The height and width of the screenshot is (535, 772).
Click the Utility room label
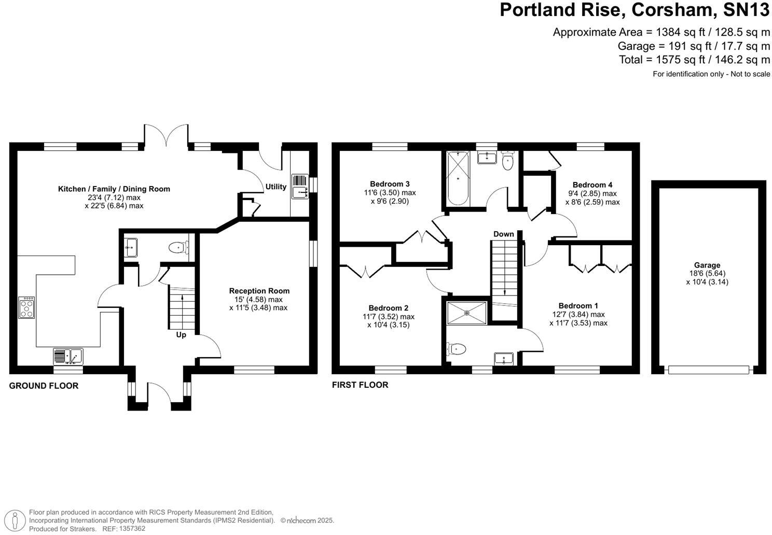click(x=275, y=187)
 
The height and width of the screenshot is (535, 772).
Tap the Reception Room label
click(x=259, y=291)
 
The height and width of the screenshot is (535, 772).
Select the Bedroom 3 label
click(x=390, y=184)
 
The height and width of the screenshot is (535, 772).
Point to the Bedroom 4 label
click(x=592, y=185)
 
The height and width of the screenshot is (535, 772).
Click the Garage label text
click(x=707, y=265)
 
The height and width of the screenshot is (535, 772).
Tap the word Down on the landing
click(x=503, y=234)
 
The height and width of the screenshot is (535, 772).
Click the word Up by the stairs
click(x=181, y=335)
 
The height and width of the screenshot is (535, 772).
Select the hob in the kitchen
click(x=27, y=307)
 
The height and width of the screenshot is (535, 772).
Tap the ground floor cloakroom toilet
click(x=178, y=248)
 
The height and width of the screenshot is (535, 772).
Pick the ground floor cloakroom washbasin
click(x=131, y=247)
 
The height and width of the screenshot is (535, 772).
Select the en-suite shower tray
click(x=467, y=313)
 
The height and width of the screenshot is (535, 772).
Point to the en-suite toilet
click(x=455, y=349)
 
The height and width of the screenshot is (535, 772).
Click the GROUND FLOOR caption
click(x=44, y=386)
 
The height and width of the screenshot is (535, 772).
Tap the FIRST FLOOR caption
click(x=360, y=385)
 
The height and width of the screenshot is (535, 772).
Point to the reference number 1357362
click(x=132, y=529)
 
